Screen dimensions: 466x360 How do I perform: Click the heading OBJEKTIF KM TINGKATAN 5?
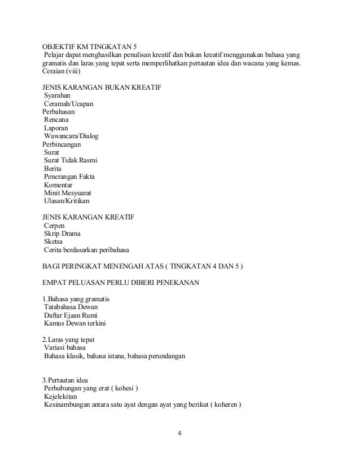90,46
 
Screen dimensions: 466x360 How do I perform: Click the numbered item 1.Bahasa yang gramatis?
76,298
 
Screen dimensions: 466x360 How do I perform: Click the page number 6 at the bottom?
179,434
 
